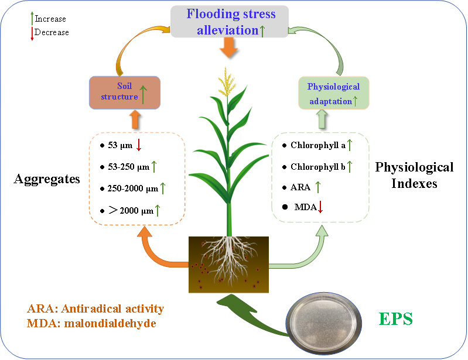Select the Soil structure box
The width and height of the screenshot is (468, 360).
coord(125,92)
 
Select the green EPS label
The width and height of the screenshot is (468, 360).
coord(396,319)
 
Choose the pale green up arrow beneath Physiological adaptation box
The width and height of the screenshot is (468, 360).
coord(322,119)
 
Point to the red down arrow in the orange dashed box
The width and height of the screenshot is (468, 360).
coord(139,145)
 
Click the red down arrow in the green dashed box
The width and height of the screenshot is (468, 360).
coord(320,206)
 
